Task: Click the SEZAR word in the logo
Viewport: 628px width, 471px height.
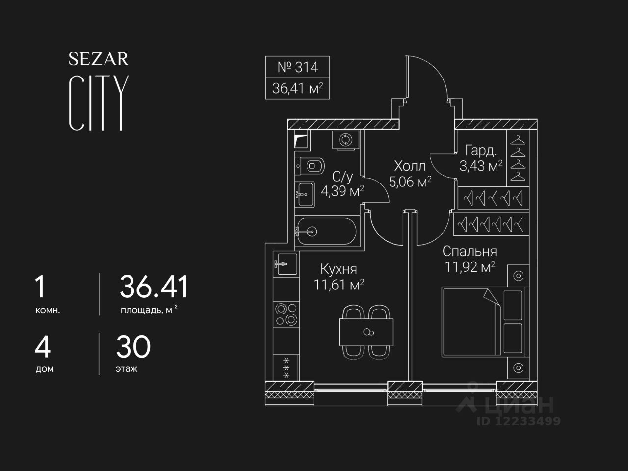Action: pyautogui.click(x=98, y=59)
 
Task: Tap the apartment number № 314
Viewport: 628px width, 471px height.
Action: pyautogui.click(x=297, y=67)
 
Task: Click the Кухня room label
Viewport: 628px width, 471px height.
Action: pyautogui.click(x=339, y=269)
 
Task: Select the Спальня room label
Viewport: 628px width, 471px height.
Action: pyautogui.click(x=470, y=251)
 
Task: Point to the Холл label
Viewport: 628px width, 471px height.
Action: pyautogui.click(x=410, y=166)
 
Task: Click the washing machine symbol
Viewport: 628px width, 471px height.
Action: pyautogui.click(x=345, y=140)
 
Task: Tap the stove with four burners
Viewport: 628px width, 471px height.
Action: pyautogui.click(x=286, y=314)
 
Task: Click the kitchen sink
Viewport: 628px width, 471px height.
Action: pyautogui.click(x=285, y=265)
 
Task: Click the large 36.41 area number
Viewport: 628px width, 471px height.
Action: pyautogui.click(x=154, y=287)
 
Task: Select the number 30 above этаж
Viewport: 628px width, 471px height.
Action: pyautogui.click(x=133, y=347)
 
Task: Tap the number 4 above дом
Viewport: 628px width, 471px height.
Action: pyautogui.click(x=43, y=347)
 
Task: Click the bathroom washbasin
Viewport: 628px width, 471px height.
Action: pyautogui.click(x=305, y=195)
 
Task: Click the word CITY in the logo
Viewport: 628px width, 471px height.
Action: pyautogui.click(x=99, y=103)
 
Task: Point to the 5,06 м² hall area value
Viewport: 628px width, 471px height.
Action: pyautogui.click(x=410, y=183)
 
